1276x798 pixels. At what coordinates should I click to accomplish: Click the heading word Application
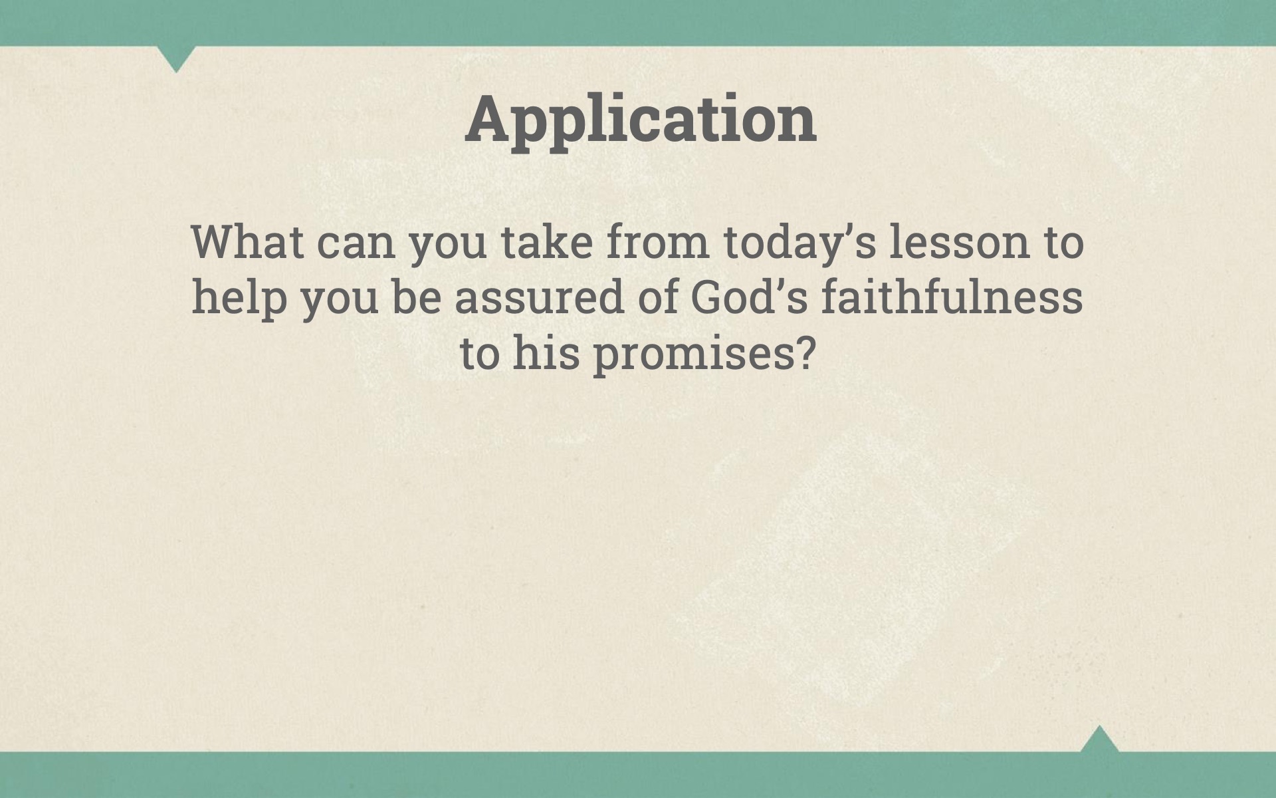pos(641,120)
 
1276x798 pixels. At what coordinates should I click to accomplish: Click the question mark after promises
pos(805,353)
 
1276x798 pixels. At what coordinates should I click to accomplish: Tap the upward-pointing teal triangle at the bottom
pos(1100,739)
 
